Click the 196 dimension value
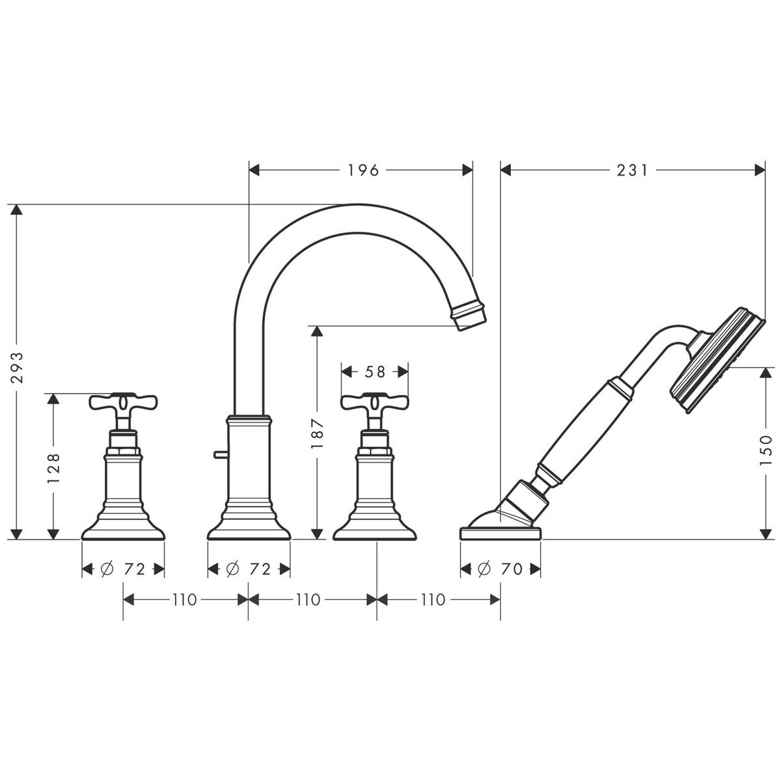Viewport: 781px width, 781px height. click(x=363, y=171)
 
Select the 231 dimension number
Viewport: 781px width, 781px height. click(x=632, y=171)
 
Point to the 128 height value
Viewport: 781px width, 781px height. click(x=54, y=466)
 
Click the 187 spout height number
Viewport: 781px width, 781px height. click(x=317, y=432)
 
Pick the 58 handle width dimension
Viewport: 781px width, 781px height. click(x=375, y=372)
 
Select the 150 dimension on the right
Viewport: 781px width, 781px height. click(x=765, y=448)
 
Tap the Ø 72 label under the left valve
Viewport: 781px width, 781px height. click(x=122, y=569)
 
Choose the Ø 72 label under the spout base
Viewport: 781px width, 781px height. click(x=248, y=569)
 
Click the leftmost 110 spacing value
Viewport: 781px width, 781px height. click(x=184, y=599)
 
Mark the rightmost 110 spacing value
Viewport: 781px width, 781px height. click(x=433, y=599)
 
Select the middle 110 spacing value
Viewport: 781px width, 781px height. click(x=308, y=599)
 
